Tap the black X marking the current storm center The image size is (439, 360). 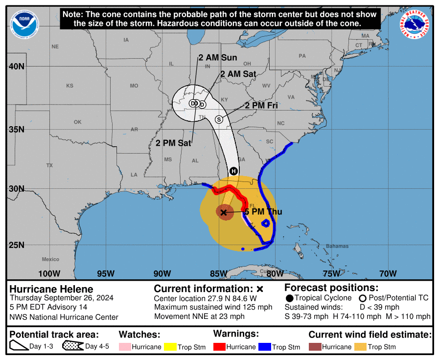tap(224, 212)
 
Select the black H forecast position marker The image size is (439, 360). tap(233, 171)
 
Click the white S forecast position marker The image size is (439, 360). tap(219, 119)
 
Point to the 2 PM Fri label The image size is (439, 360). tap(261, 106)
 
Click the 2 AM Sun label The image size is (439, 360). tap(218, 58)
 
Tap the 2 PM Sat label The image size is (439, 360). tap(173, 143)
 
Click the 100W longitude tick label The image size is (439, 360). tap(49, 273)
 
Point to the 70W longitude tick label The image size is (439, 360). tap(388, 273)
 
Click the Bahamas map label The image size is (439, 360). tap(337, 246)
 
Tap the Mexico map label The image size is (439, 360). tap(50, 259)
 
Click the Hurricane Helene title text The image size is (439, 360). tap(51, 289)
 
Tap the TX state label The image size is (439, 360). tap(49, 165)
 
